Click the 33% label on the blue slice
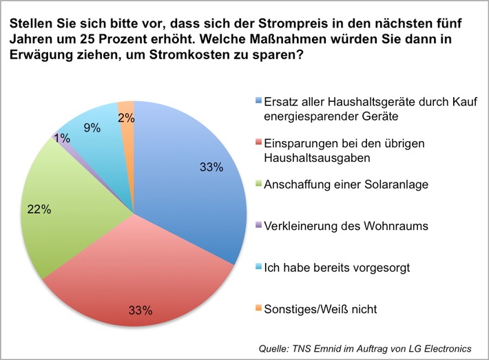click(211, 167)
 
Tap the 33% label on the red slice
click(140, 309)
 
